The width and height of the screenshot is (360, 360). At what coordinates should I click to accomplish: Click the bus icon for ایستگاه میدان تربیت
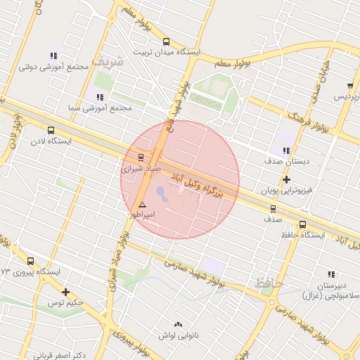tap(166, 41)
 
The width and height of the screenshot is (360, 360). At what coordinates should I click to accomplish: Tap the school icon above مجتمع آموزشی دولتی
tap(54, 56)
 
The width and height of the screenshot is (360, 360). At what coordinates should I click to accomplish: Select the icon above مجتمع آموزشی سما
tap(100, 96)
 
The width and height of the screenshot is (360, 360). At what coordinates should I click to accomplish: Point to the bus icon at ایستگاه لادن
tap(51, 130)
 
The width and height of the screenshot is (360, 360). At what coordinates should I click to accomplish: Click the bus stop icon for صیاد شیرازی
tap(141, 157)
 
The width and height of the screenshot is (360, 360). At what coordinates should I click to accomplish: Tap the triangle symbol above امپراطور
tap(142, 204)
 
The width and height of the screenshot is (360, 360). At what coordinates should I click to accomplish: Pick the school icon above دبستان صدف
tap(285, 150)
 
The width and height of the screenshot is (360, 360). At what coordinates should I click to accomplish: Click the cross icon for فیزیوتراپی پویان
tap(286, 179)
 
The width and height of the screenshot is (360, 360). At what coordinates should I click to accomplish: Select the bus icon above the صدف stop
tap(273, 209)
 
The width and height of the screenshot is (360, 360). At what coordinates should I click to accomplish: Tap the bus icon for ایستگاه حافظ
tap(302, 224)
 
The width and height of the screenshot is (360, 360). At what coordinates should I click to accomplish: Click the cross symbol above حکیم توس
tap(65, 292)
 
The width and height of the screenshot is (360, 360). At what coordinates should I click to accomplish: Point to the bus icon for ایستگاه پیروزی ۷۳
tap(30, 261)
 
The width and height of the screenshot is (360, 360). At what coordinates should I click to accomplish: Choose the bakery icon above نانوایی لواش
tap(177, 325)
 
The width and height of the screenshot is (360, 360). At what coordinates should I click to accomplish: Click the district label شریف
tap(111, 61)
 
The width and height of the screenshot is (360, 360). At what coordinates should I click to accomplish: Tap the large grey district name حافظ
tap(269, 283)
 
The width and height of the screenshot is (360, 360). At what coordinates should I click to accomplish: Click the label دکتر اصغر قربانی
tap(60, 355)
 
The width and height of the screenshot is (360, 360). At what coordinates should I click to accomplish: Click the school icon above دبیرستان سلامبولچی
tap(331, 274)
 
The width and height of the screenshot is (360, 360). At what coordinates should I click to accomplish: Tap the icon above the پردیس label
tap(349, 86)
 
